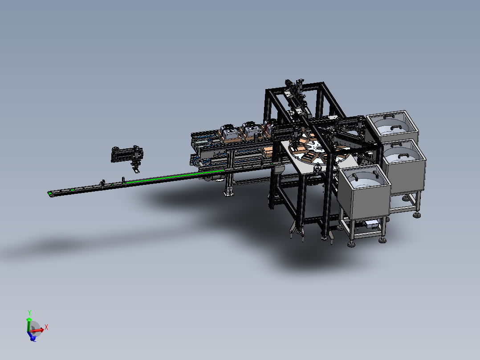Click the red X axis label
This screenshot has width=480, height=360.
pos(46,327)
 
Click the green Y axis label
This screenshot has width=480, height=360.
pos(29,312)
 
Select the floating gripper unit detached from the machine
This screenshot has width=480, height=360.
pos(127,157)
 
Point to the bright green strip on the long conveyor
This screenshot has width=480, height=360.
pos(175,176)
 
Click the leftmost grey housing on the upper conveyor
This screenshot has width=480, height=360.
pos(229,132)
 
